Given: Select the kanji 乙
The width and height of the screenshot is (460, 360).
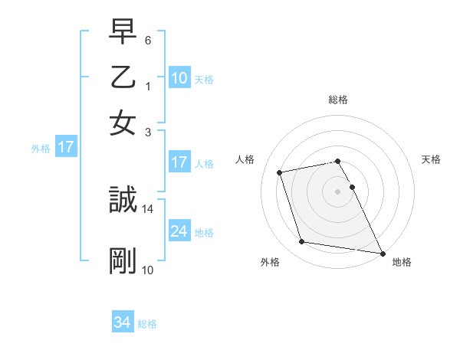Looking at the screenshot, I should (123, 78).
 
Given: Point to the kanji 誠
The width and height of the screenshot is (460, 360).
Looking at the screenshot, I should (123, 201).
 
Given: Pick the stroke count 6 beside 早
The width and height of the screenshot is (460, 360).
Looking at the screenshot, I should (148, 38).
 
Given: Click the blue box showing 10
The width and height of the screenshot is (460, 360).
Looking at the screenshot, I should (179, 77).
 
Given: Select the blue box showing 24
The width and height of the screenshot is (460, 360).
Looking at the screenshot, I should (179, 231).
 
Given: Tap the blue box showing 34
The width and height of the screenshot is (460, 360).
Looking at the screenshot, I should (122, 322).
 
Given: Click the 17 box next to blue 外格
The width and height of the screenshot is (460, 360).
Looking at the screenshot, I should (65, 147).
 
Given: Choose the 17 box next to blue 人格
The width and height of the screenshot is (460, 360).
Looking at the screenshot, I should (179, 162).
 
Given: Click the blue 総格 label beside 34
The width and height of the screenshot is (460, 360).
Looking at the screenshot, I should (147, 324).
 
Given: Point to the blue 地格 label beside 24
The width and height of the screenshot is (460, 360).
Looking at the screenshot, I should (204, 232).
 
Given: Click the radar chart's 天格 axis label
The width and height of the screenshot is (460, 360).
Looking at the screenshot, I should (431, 159).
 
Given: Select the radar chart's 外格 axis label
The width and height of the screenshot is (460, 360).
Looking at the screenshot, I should (270, 262).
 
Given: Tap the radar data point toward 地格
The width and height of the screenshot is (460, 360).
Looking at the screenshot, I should (381, 252).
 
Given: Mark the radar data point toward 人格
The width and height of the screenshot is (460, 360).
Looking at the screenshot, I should (280, 172).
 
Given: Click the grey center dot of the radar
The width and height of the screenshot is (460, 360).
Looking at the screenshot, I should (337, 191).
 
